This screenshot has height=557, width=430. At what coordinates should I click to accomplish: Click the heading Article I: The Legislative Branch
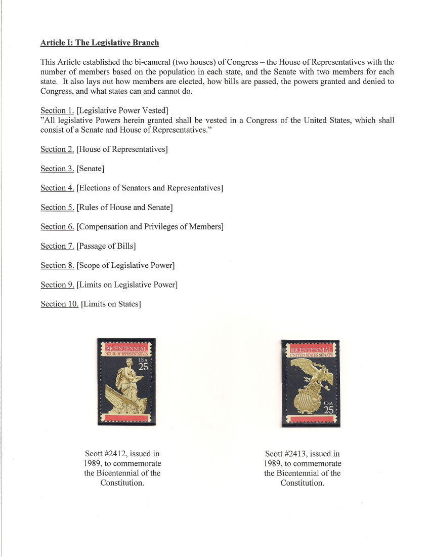click(x=100, y=43)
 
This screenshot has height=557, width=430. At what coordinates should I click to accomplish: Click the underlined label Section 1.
click(x=57, y=110)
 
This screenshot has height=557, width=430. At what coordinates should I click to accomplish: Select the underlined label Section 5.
click(x=57, y=207)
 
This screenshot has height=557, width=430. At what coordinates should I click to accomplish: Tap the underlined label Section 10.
click(x=59, y=304)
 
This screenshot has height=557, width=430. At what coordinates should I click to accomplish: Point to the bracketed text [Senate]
click(x=90, y=169)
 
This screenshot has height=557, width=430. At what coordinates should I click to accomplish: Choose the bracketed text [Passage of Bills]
click(x=106, y=246)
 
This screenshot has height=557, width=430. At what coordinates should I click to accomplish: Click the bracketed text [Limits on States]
click(x=111, y=304)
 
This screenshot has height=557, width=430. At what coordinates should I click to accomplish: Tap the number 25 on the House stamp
click(x=143, y=368)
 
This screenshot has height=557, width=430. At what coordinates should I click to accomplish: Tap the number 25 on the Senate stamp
click(x=328, y=410)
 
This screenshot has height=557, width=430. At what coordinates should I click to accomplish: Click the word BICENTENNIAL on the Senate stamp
click(x=310, y=349)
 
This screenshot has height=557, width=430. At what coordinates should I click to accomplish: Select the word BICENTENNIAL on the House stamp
click(x=126, y=348)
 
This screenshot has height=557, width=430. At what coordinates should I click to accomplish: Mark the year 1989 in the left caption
click(x=94, y=463)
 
